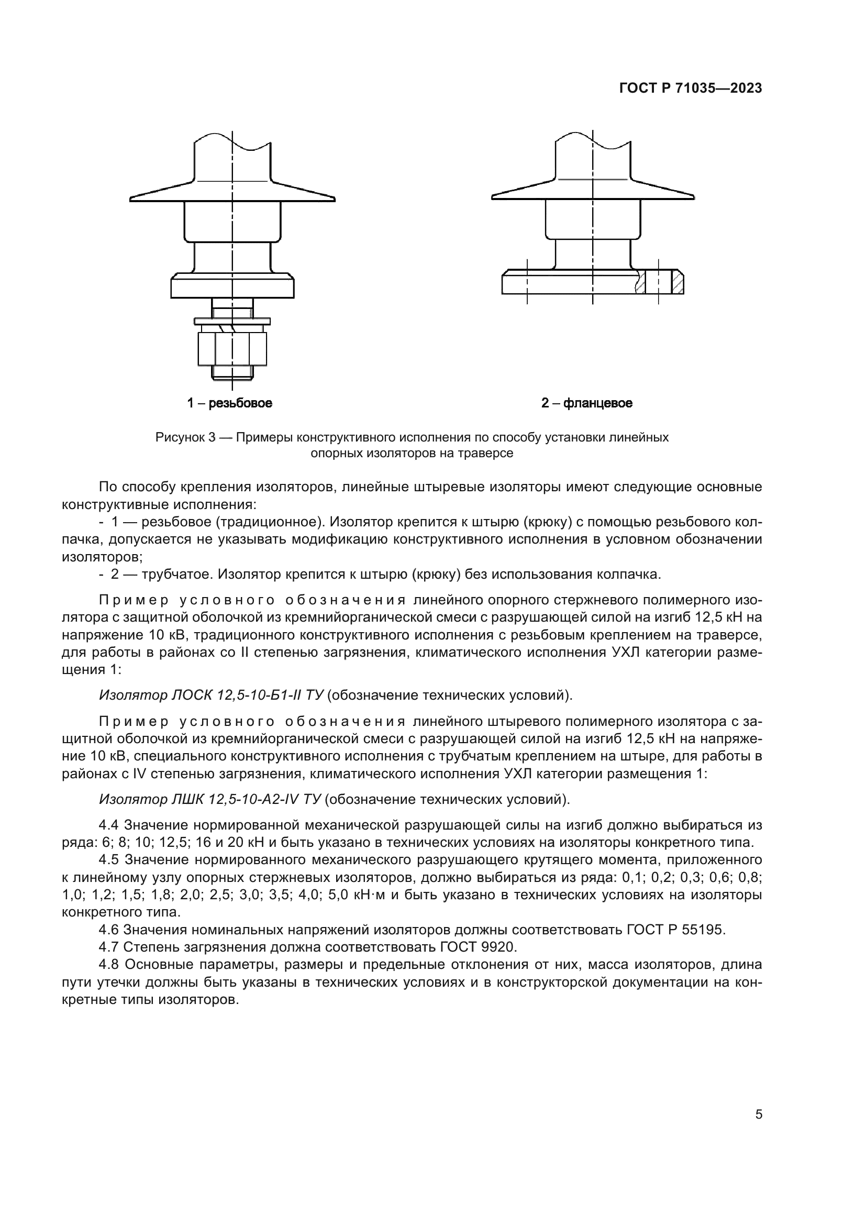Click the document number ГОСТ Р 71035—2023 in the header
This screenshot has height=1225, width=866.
coord(691,89)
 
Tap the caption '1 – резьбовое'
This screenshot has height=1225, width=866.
coord(229,403)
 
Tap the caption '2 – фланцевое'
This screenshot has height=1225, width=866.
coord(586,403)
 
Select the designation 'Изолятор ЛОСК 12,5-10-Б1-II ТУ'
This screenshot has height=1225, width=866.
coord(211,695)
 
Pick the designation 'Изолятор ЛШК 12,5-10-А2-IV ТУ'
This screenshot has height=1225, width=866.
coord(210,799)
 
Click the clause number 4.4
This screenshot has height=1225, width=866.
coord(110,825)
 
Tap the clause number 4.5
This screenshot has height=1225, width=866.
coord(110,860)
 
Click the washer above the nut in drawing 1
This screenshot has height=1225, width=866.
coord(232,321)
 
